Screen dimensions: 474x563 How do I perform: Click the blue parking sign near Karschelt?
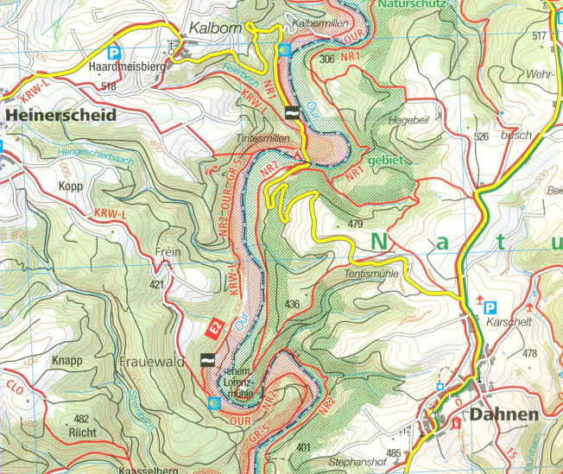490,307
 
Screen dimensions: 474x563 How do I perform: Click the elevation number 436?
292,304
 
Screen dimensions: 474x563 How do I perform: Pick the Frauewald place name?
152,362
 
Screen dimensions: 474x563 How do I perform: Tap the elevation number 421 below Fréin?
156,283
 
